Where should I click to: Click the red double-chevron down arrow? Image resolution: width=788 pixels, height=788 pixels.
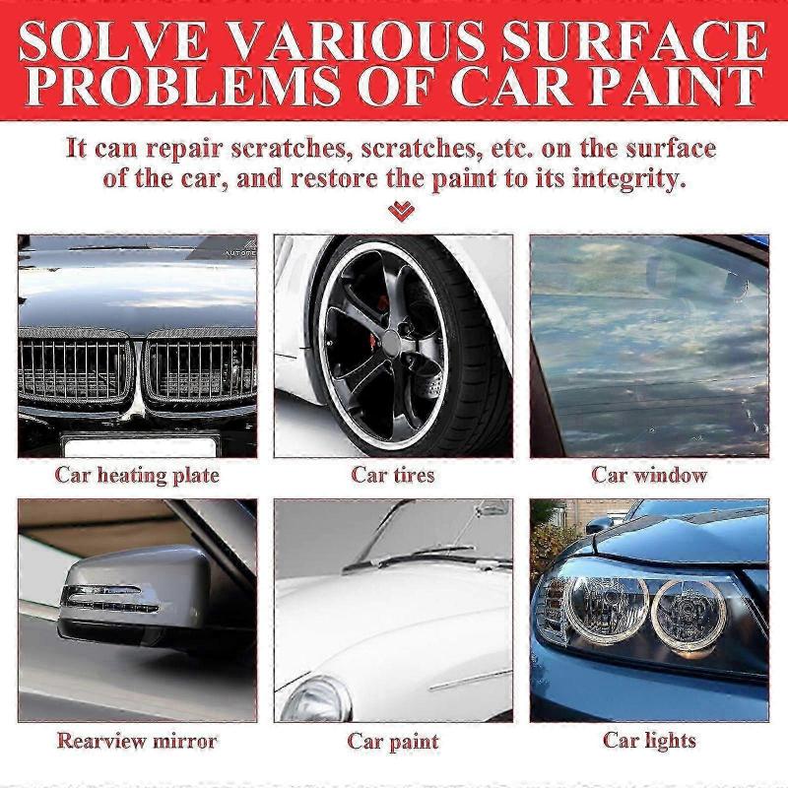tap(401, 211)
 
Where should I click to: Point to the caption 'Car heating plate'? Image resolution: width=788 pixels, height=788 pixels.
tap(137, 475)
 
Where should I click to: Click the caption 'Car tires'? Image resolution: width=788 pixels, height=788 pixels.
tap(392, 475)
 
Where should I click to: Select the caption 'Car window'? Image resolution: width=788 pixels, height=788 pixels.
tap(649, 475)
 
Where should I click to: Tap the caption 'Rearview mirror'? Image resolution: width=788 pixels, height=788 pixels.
tap(137, 740)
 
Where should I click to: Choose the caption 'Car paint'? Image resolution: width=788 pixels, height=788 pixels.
tap(392, 741)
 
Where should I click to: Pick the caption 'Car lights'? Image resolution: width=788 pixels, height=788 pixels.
tap(650, 740)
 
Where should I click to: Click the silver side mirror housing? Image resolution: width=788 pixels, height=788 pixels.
tap(128, 591)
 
